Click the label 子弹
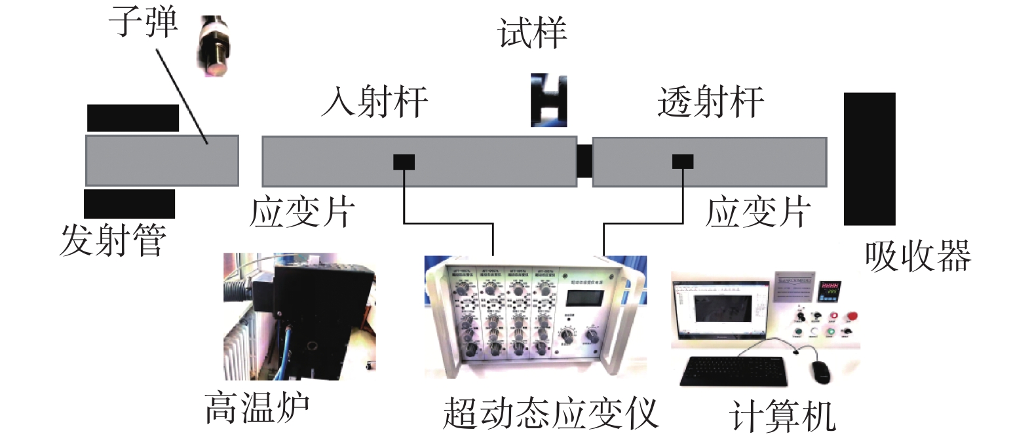click(143, 21)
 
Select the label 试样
click(531, 33)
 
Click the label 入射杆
click(375, 102)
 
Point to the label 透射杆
click(710, 102)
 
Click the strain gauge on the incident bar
click(404, 161)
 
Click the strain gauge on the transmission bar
click(683, 160)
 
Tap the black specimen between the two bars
click(584, 161)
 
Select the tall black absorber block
click(869, 158)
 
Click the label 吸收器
click(917, 255)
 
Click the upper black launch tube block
click(133, 118)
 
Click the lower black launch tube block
click(129, 204)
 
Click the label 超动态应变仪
click(550, 413)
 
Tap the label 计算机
click(782, 416)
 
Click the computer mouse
click(821, 371)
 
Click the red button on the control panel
click(852, 317)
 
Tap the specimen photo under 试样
click(548, 100)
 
